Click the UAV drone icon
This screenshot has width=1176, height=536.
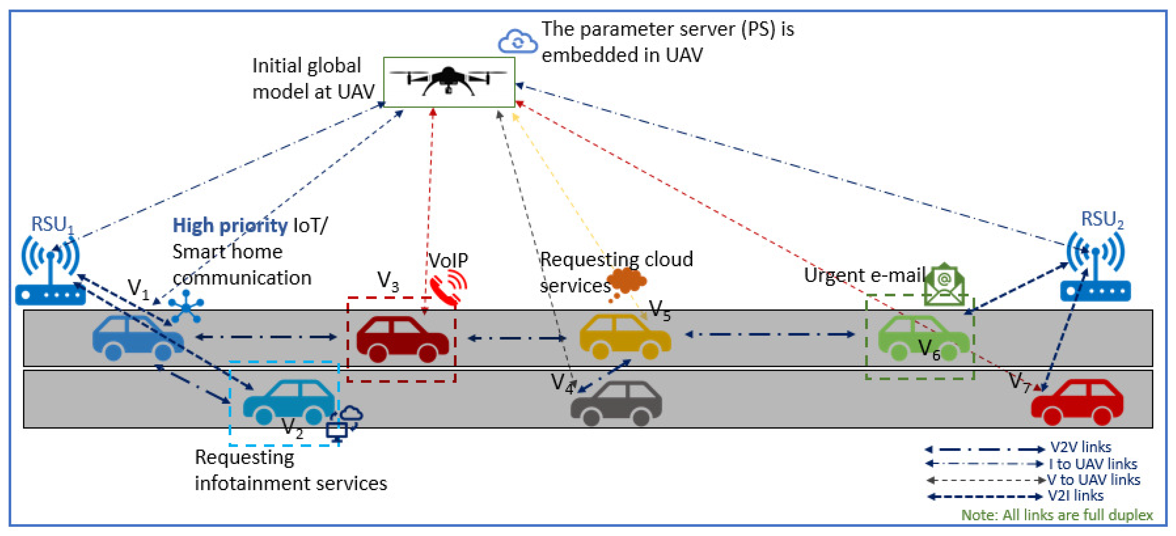[x=448, y=81]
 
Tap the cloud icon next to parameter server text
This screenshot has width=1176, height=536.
[x=517, y=42]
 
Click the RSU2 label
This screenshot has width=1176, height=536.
[x=1102, y=219]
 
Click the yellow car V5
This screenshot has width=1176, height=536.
[x=624, y=337]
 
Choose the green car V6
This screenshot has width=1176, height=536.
[x=923, y=338]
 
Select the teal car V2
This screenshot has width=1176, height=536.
[x=289, y=402]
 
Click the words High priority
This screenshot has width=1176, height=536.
[x=230, y=225]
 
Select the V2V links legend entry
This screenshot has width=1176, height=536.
[x=1080, y=447]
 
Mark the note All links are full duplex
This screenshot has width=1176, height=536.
[x=1056, y=515]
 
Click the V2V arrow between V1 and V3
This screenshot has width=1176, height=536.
[x=266, y=337]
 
